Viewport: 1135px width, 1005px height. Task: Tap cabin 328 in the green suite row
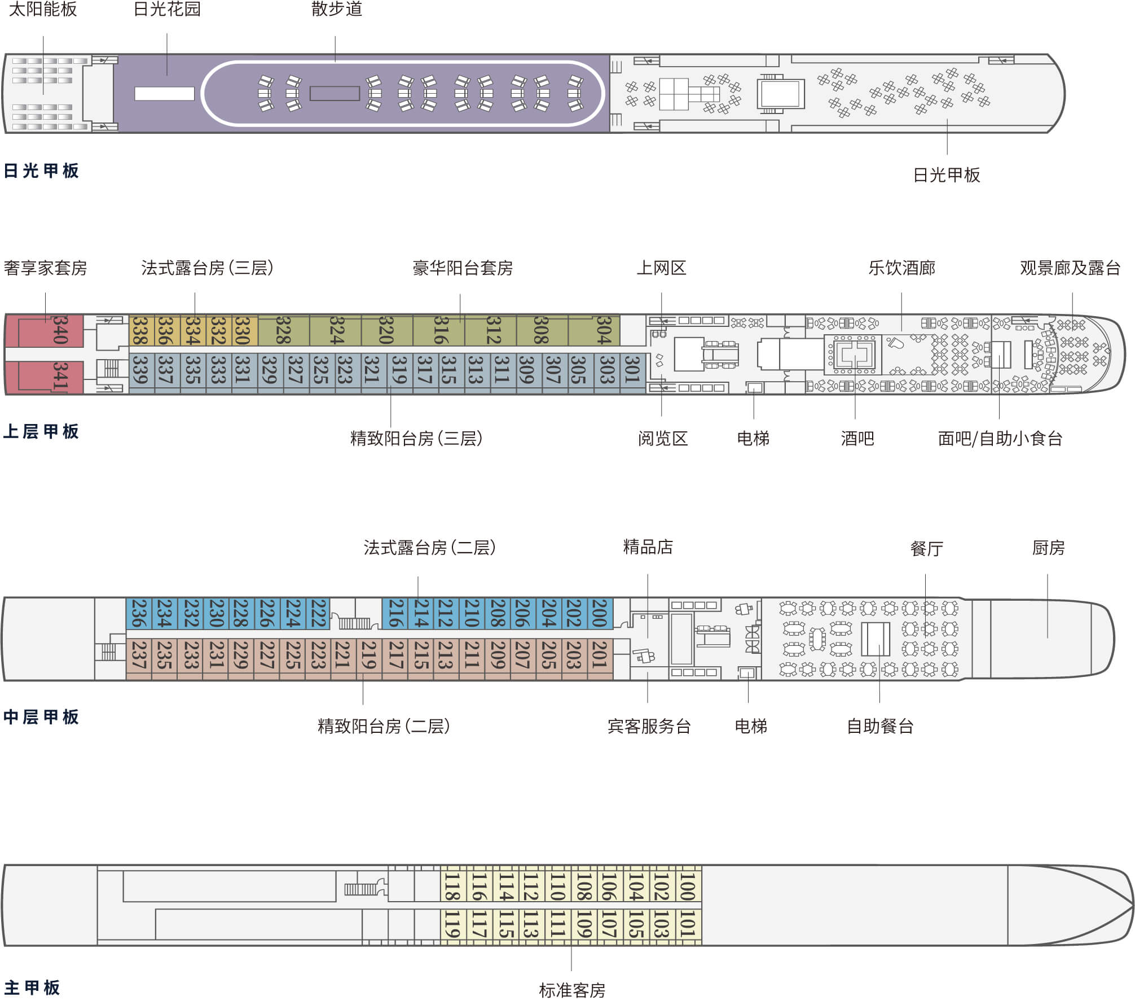click(x=284, y=331)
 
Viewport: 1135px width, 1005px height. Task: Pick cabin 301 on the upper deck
click(x=632, y=370)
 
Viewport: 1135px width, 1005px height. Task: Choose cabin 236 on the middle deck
click(x=138, y=614)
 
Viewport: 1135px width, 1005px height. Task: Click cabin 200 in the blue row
click(x=600, y=614)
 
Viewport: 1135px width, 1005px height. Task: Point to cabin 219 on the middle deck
click(x=369, y=655)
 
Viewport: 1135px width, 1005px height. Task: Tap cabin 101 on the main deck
click(x=688, y=924)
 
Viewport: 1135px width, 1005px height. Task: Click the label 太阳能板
click(x=43, y=9)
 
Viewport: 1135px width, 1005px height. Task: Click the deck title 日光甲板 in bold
click(x=41, y=171)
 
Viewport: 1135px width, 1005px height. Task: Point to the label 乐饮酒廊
click(x=901, y=268)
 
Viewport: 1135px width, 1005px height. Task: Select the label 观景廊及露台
click(x=1070, y=268)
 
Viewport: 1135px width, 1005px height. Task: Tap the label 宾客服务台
click(x=649, y=726)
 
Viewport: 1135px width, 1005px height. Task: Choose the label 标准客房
click(x=572, y=990)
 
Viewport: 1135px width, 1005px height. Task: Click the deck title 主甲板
click(x=32, y=987)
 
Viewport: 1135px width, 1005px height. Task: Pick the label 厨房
click(x=1048, y=548)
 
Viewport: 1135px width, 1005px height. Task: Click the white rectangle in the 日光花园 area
click(x=164, y=94)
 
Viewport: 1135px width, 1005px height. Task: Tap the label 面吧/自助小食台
click(x=1000, y=439)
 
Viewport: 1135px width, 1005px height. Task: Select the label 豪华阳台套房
click(x=463, y=268)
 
